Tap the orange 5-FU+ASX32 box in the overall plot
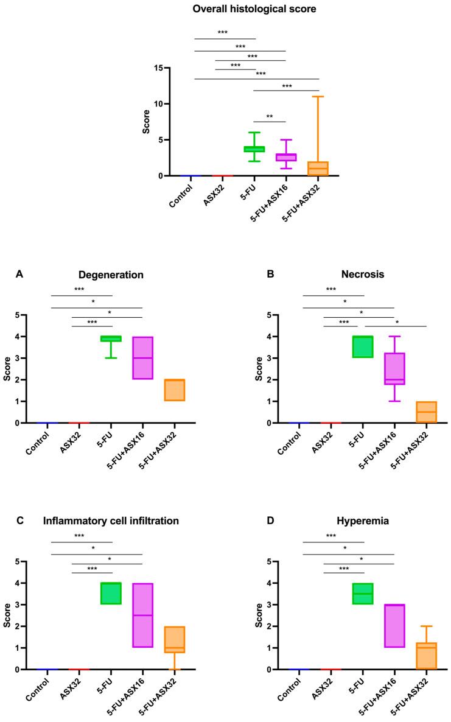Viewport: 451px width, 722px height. coord(317,169)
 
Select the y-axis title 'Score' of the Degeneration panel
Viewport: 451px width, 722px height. coord(8,369)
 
